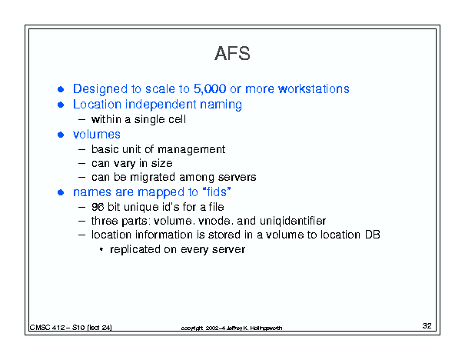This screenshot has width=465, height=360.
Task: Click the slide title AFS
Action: coord(232,53)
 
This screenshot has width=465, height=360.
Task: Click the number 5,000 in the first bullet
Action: coord(210,89)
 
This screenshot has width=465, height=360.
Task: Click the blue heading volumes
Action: coord(97,135)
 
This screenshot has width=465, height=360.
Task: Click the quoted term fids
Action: coord(217,192)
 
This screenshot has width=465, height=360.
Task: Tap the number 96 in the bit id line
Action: coord(98,207)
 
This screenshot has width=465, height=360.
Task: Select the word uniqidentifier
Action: coord(293,221)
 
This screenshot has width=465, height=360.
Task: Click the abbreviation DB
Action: coord(373,235)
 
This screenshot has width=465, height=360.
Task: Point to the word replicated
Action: coord(135,249)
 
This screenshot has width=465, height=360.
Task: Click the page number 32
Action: coord(427,326)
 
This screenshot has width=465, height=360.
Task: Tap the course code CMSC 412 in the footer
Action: coord(47,328)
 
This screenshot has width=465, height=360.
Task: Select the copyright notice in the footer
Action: coord(231,328)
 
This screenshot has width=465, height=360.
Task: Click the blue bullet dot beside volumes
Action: coord(61,135)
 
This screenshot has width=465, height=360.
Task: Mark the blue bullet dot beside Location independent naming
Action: coord(61,105)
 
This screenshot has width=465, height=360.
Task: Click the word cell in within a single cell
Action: coord(177,119)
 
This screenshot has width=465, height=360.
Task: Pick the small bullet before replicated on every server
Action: coord(101,249)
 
